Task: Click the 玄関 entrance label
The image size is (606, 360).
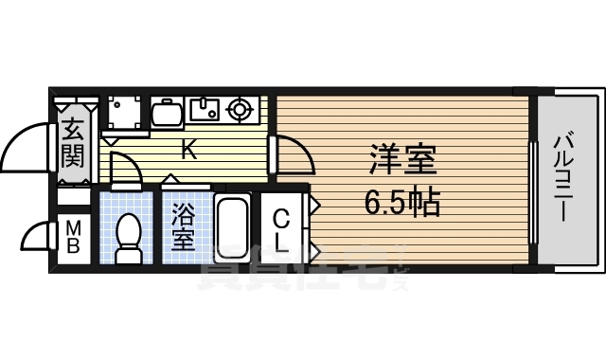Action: pyautogui.click(x=73, y=141)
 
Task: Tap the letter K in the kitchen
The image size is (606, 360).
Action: pyautogui.click(x=188, y=149)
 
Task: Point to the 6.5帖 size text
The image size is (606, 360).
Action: pyautogui.click(x=401, y=201)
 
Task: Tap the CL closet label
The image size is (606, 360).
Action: pyautogui.click(x=282, y=230)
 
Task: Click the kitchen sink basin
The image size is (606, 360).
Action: pyautogui.click(x=205, y=111)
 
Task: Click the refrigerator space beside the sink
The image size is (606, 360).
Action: pyautogui.click(x=167, y=113)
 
